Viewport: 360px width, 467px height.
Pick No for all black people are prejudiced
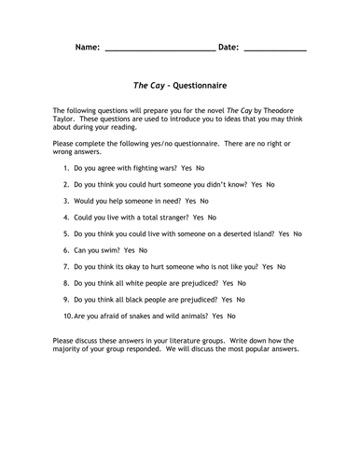click(242, 299)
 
